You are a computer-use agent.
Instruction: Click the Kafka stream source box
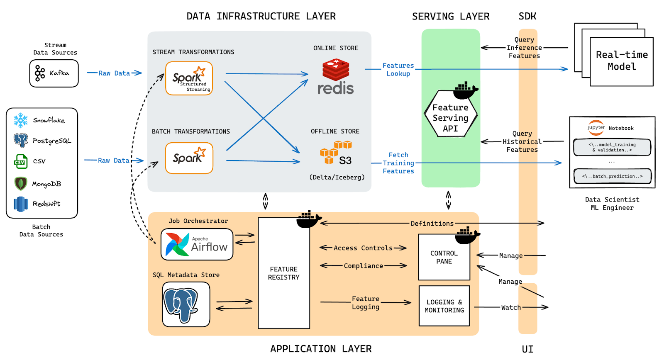click(54, 73)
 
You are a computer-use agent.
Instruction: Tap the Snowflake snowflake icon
click(20, 120)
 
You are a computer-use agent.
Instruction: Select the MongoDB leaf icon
click(21, 183)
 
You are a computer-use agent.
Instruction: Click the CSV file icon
click(21, 161)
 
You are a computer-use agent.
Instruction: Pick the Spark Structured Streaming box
click(189, 78)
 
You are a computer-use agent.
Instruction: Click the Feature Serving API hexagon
click(450, 117)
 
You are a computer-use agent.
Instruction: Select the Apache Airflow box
click(197, 244)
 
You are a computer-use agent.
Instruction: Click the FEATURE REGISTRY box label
click(283, 273)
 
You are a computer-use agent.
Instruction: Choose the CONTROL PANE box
click(444, 258)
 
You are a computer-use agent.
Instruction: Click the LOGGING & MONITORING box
click(444, 306)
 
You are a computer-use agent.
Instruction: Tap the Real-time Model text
click(622, 61)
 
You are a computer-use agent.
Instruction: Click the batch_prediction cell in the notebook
click(612, 176)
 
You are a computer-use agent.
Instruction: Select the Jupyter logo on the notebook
click(596, 127)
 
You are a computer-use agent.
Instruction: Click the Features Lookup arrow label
click(398, 70)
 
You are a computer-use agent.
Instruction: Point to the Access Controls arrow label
click(363, 248)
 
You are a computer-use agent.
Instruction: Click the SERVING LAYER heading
click(451, 17)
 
